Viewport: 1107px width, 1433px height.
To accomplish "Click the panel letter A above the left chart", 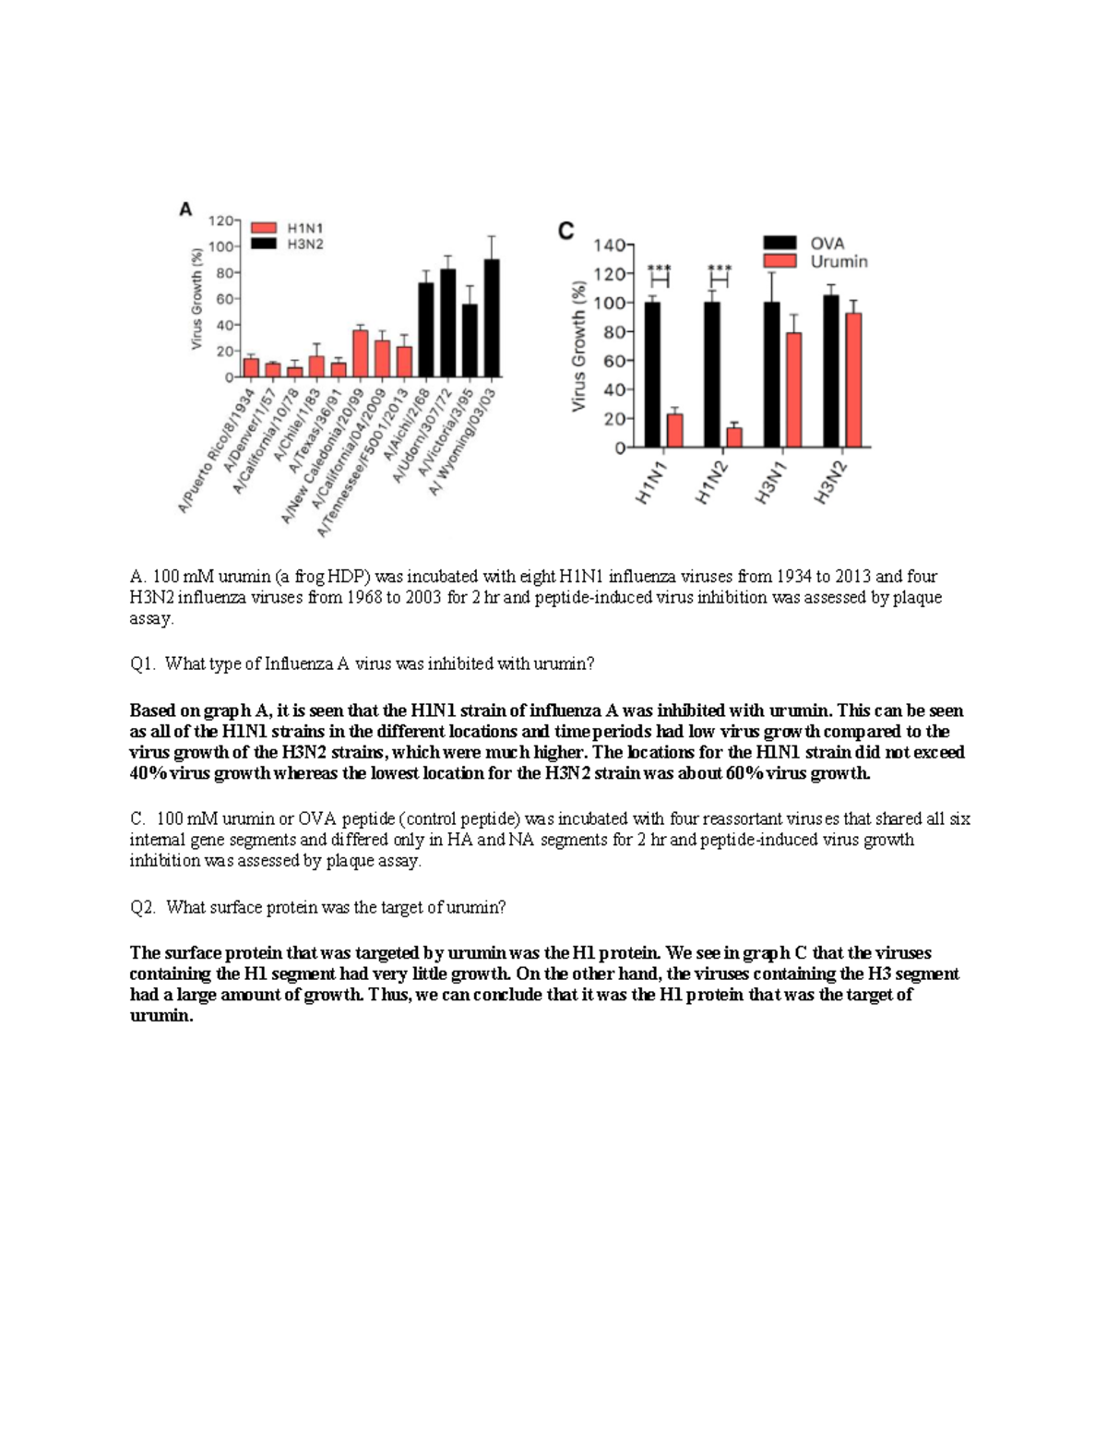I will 186,210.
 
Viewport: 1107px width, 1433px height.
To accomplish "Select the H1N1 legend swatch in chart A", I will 265,227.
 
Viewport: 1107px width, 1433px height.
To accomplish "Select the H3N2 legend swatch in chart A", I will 265,244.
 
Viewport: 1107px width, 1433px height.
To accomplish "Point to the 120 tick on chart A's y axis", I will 220,221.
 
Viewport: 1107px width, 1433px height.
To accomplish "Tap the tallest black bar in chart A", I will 492,318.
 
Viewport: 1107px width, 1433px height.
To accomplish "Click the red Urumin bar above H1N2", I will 734,436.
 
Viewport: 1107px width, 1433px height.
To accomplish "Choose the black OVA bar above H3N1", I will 772,375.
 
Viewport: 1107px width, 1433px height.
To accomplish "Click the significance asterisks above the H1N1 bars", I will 659,269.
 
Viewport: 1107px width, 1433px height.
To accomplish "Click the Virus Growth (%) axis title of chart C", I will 578,346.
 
